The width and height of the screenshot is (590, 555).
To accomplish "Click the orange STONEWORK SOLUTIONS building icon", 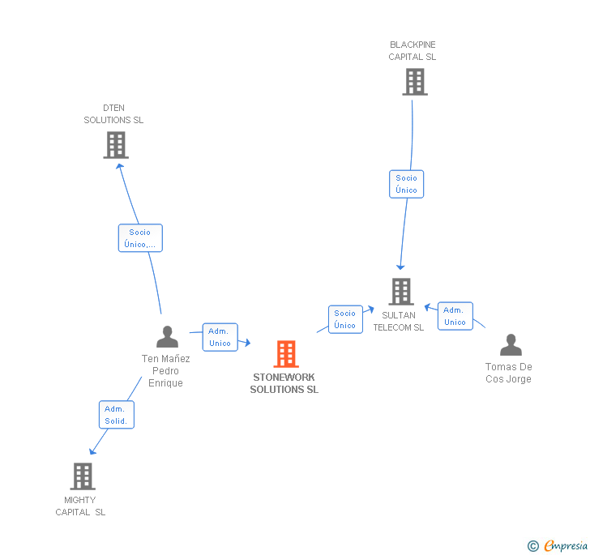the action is tap(285, 354).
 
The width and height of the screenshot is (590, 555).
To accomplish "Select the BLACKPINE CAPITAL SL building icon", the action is tap(414, 82).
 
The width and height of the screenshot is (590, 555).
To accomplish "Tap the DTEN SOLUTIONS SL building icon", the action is tap(116, 145).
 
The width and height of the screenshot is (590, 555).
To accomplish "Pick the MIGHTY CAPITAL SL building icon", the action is tap(82, 476).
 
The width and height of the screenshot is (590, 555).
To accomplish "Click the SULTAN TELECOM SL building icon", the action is tap(400, 292).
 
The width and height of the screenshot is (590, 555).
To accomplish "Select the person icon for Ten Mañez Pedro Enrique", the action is tap(167, 336).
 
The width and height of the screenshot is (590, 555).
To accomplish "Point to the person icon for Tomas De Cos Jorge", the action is tap(511, 345).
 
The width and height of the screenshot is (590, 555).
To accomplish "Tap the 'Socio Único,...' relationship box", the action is tap(140, 238).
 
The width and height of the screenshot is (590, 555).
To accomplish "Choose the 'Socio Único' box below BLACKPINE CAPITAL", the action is tap(406, 184).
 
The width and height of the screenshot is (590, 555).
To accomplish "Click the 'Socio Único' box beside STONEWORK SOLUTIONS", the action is tap(345, 319).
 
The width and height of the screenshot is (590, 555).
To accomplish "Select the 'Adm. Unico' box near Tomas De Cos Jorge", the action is tap(455, 316).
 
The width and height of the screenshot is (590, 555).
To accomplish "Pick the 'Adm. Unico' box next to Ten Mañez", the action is tap(220, 337).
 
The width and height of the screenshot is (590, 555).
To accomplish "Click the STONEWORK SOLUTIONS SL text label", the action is tap(284, 383).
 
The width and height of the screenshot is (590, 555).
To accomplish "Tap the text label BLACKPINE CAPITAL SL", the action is tap(412, 51).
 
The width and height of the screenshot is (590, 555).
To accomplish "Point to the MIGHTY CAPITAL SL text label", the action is tap(80, 506).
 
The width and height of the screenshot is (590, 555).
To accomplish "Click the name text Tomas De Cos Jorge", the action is tap(509, 373).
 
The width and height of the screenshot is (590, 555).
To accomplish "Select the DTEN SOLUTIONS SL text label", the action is tap(113, 114).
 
